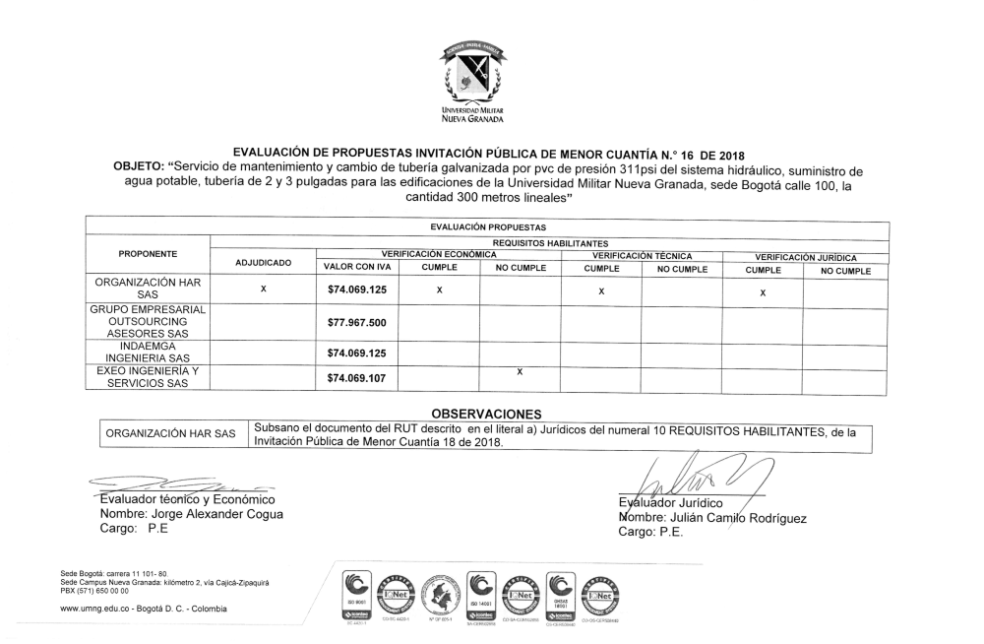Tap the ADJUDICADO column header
pyautogui.click(x=263, y=264)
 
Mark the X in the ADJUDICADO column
pyautogui.click(x=263, y=290)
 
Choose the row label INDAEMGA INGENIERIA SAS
pyautogui.click(x=148, y=353)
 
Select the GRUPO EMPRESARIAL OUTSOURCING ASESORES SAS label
pyautogui.click(x=148, y=322)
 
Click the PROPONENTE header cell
pyautogui.click(x=148, y=253)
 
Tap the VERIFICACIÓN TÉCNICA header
pyautogui.click(x=641, y=255)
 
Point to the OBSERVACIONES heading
pyautogui.click(x=488, y=414)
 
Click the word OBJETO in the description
pyautogui.click(x=142, y=168)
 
